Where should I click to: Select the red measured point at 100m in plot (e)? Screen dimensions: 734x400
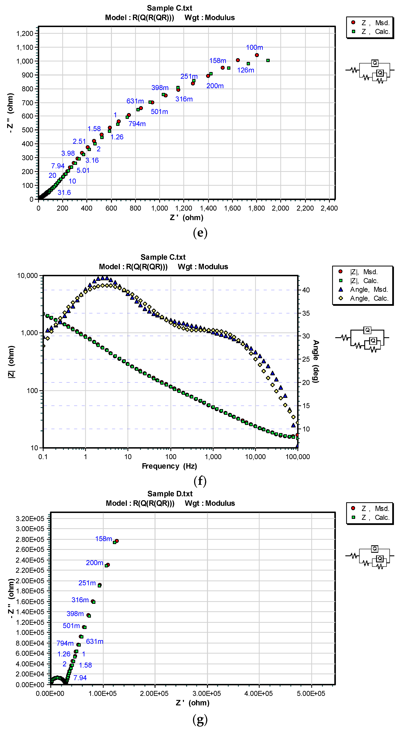pyautogui.click(x=257, y=55)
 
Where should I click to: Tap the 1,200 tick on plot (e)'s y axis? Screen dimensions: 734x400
pyautogui.click(x=25, y=34)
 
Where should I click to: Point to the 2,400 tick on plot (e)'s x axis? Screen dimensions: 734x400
pyautogui.click(x=329, y=208)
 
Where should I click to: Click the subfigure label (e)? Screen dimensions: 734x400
pyautogui.click(x=200, y=233)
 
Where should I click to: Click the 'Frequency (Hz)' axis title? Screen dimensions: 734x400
pyautogui.click(x=169, y=466)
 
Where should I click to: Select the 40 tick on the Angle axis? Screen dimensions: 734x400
pyautogui.click(x=306, y=290)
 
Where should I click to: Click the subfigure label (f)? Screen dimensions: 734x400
pyautogui.click(x=200, y=481)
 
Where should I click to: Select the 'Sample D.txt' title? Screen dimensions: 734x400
pyautogui.click(x=170, y=494)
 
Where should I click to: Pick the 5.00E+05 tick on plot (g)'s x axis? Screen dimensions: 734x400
pyautogui.click(x=311, y=694)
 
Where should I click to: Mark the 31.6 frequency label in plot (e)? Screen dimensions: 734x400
pyautogui.click(x=64, y=193)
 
